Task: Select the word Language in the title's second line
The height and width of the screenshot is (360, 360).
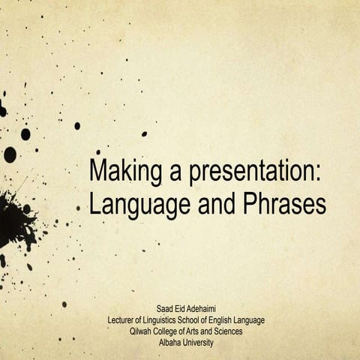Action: (130, 204)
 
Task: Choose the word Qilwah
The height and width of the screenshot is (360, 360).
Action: (144, 331)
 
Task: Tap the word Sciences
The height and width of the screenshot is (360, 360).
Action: (244, 331)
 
